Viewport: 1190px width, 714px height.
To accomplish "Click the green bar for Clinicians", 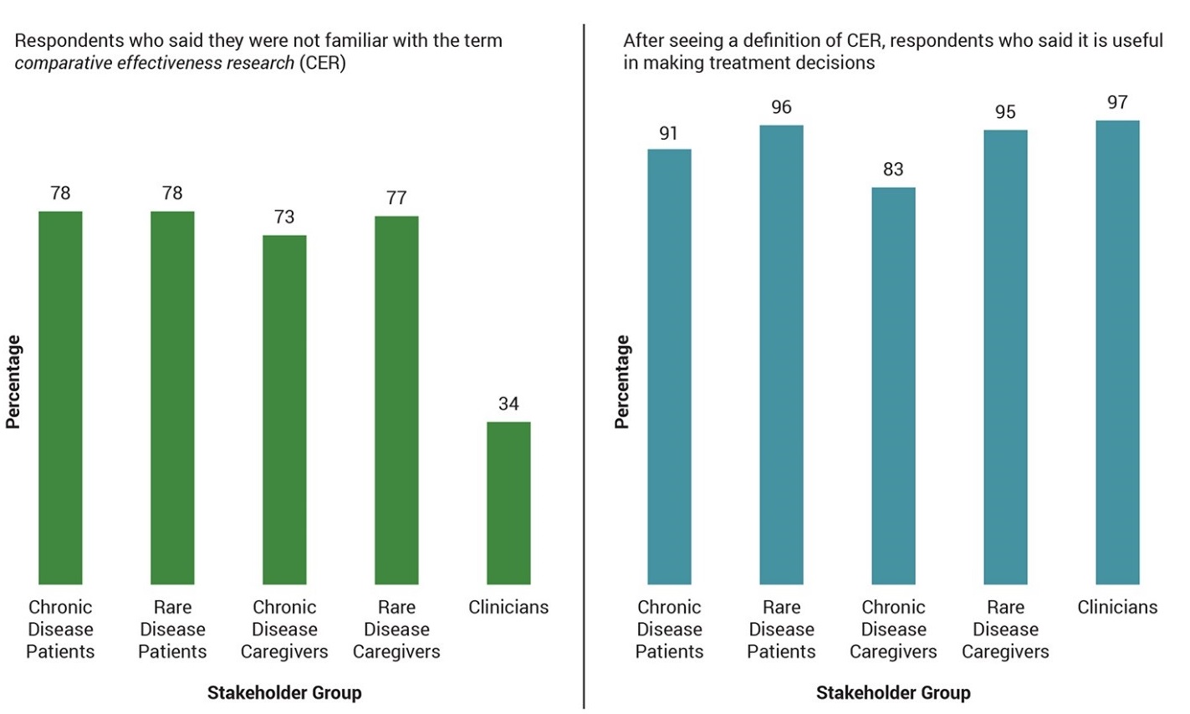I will coord(508,502).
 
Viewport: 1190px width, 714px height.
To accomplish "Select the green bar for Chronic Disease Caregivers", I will coord(284,410).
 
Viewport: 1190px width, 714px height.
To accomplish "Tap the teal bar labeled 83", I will coord(893,385).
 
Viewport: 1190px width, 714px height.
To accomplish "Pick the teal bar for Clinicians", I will coord(1117,352).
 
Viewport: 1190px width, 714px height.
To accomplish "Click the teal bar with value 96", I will coord(781,354).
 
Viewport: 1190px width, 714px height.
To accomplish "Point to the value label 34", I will coord(508,404).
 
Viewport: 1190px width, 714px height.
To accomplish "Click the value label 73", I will coord(284,217).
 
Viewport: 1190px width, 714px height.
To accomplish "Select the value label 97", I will coord(1117,103).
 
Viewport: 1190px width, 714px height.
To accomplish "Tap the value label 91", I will coord(668,133).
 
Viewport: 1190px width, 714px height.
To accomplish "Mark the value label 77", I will coord(396,198).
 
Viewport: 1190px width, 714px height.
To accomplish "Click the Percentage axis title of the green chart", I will coord(13,382).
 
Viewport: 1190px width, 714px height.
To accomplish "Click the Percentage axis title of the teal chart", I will coord(622,382).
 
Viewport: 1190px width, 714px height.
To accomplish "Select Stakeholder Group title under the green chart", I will coord(284,692).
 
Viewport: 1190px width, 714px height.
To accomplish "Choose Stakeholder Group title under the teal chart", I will coord(893,692).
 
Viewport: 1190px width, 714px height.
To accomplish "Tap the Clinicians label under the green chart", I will coord(508,607).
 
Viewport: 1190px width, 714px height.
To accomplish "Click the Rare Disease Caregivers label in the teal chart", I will coord(1005,630).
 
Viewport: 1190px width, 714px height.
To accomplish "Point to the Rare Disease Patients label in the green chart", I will coord(172,630).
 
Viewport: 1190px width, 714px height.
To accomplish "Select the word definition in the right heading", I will coord(770,41).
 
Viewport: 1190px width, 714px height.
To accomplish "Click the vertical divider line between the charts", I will coord(584,368).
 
